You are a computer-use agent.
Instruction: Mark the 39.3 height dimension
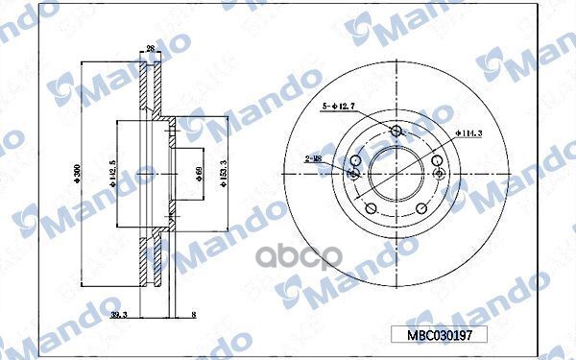coord(120,314)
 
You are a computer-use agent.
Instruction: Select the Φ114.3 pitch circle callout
coord(468,132)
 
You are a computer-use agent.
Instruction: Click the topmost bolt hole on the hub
coord(397,132)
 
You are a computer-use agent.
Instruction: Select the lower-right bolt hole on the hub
coord(421,208)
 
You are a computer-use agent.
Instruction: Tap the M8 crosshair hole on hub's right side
coord(441,175)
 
